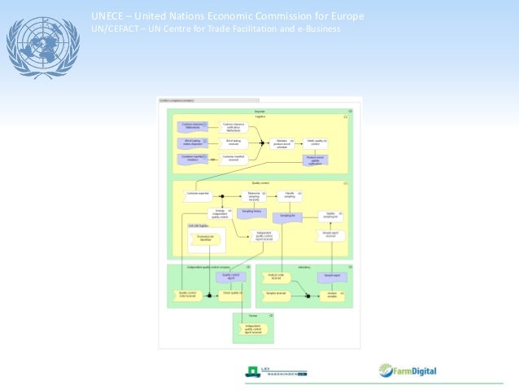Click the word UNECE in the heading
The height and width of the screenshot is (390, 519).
[107, 16]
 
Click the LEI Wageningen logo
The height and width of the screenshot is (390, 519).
[277, 373]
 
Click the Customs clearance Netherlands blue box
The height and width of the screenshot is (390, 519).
[192, 126]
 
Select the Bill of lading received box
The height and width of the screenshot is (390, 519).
[233, 142]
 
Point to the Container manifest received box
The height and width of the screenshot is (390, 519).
[233, 157]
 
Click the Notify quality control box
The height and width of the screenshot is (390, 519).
[316, 142]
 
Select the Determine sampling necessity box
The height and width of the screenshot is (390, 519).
[253, 195]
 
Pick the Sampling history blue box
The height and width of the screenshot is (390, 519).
[253, 210]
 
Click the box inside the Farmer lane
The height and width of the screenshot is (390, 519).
[253, 329]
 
